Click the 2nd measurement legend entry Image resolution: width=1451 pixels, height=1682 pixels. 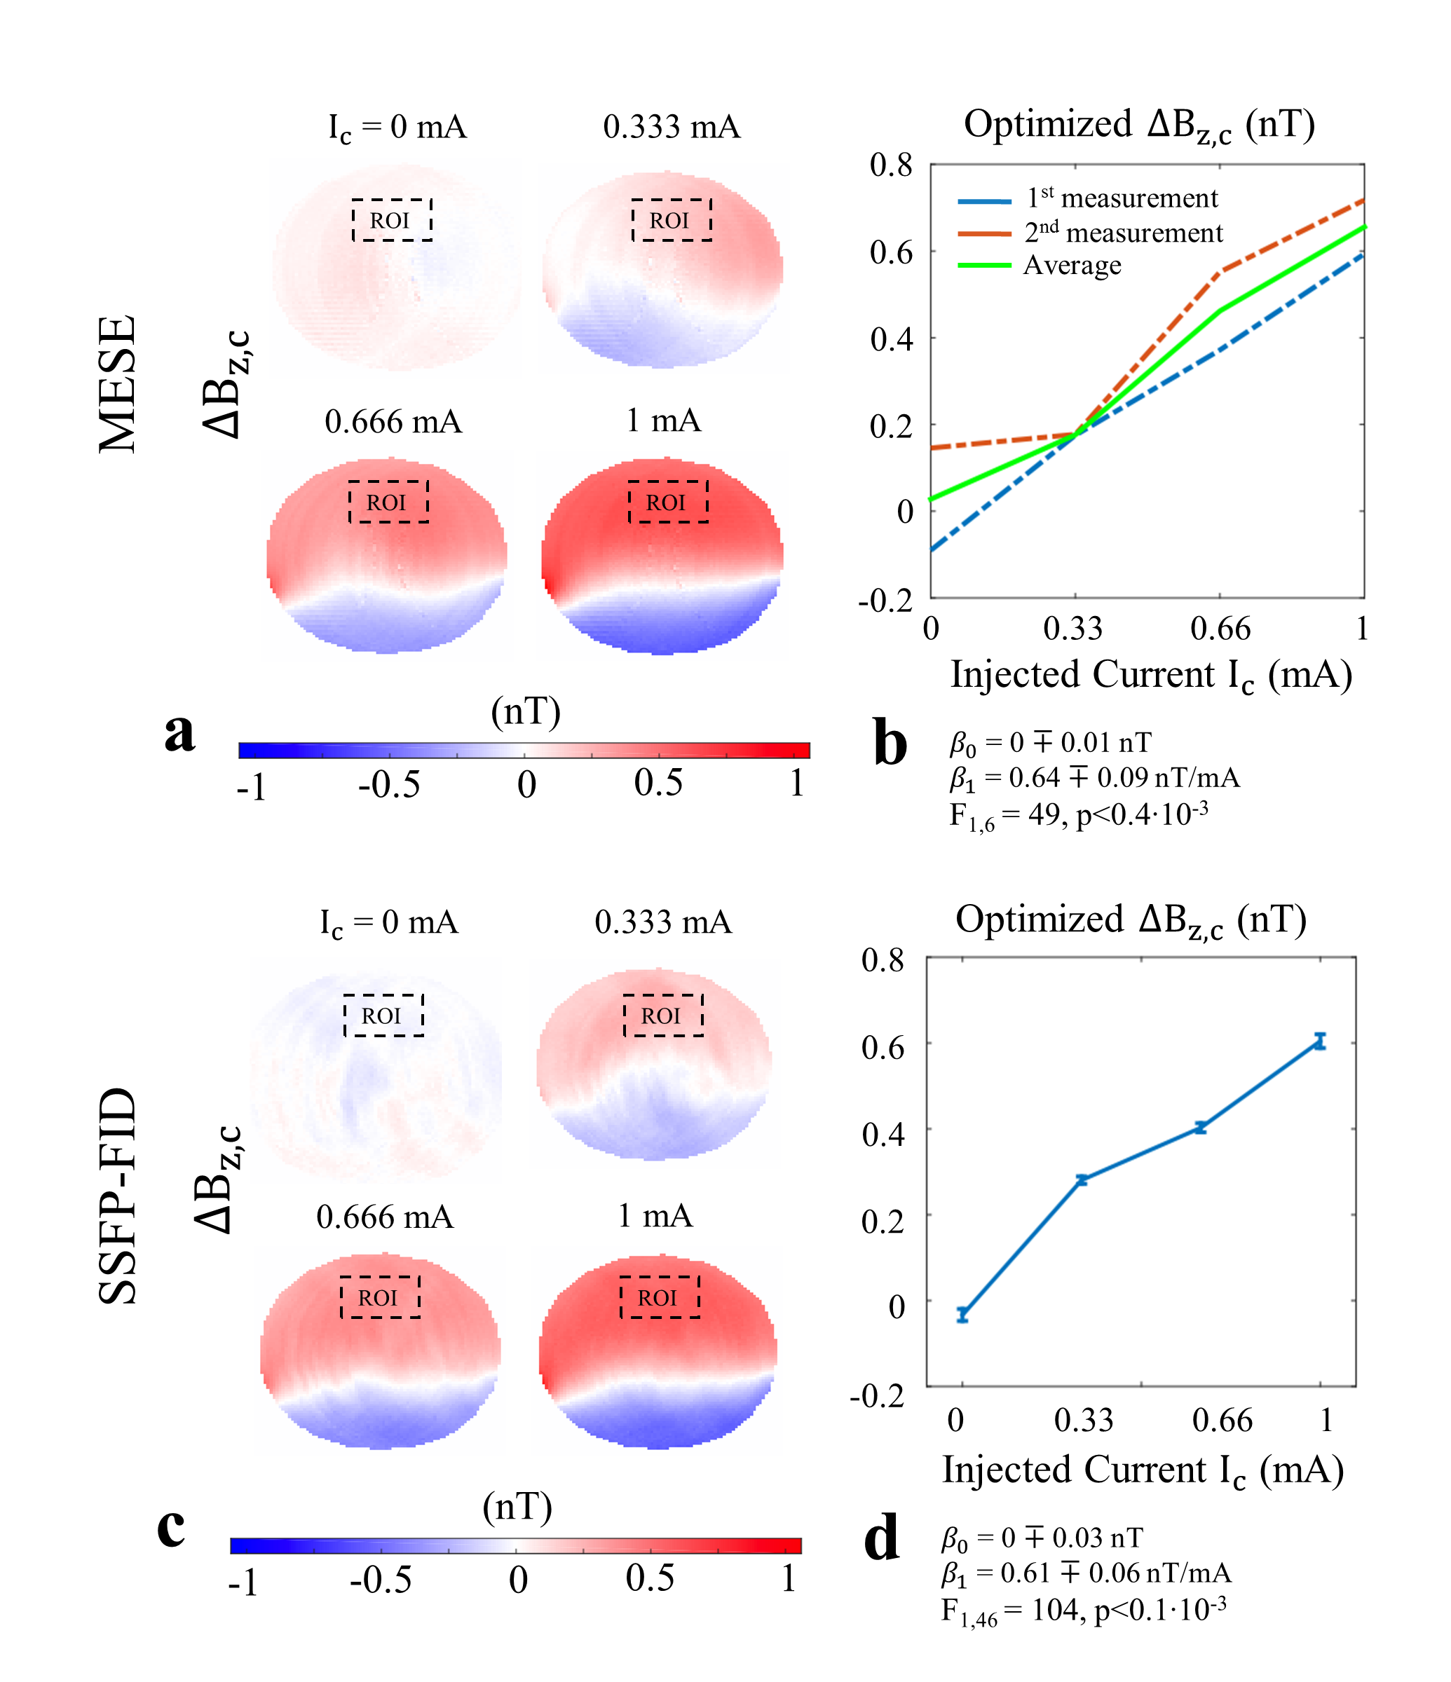[1122, 233]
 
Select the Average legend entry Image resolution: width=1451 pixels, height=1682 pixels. [1072, 266]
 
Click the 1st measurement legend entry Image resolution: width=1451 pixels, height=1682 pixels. [1122, 198]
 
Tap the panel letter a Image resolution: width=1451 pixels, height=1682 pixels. [179, 732]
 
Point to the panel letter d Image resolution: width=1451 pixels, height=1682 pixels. [881, 1537]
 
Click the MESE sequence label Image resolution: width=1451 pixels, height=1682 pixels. [117, 384]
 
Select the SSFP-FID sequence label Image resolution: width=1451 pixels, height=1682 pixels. [117, 1195]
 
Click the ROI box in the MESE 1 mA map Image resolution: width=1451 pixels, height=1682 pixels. [667, 502]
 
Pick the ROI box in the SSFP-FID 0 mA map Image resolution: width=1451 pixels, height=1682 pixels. [383, 1016]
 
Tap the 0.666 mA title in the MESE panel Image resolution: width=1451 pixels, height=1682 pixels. [393, 422]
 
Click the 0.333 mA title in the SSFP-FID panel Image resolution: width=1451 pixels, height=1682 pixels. [662, 922]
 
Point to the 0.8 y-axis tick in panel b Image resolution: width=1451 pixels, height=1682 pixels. [892, 165]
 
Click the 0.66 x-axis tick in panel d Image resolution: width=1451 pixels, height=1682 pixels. [1222, 1420]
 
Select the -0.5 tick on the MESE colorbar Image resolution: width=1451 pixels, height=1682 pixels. [389, 784]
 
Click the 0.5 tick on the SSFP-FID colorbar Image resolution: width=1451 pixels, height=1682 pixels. [650, 1578]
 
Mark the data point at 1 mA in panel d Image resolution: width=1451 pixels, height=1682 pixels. [1321, 1041]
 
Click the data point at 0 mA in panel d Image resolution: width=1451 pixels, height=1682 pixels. [962, 1314]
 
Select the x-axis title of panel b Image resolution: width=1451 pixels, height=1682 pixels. [1150, 676]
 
